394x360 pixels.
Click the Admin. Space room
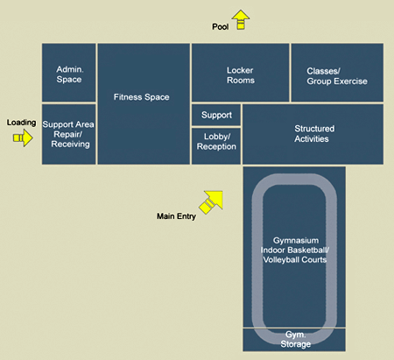tap(68, 74)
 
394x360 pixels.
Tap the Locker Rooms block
tap(240, 74)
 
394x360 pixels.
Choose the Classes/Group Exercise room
tap(336, 74)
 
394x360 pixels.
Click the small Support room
tap(215, 115)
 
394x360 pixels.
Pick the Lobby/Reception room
tap(215, 142)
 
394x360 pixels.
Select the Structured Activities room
tap(313, 134)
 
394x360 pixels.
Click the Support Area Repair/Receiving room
tap(68, 133)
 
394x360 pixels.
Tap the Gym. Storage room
tap(294, 339)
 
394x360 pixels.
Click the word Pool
tap(221, 27)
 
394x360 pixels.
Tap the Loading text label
tap(21, 123)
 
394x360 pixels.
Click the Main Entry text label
tap(176, 215)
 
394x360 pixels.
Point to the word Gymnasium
tap(294, 240)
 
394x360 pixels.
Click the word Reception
tap(216, 147)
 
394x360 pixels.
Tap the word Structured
tap(313, 128)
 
